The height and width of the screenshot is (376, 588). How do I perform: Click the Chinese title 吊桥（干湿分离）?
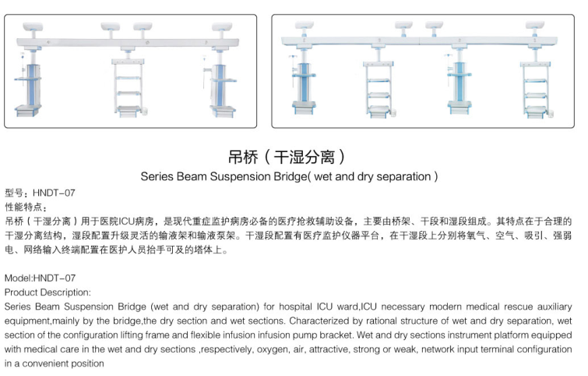(x=287, y=157)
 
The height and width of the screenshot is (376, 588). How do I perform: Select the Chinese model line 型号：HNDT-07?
(x=40, y=193)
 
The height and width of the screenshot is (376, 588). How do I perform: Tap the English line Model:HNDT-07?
(x=40, y=278)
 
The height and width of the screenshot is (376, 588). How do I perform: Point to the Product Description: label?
(x=48, y=293)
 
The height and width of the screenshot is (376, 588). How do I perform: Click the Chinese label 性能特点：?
(x=26, y=207)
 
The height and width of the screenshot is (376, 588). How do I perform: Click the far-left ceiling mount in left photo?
(x=33, y=30)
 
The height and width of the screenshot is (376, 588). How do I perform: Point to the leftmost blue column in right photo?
(x=303, y=84)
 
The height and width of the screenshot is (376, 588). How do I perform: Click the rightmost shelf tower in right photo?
(x=537, y=90)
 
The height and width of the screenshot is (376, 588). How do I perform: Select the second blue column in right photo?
(x=459, y=84)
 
